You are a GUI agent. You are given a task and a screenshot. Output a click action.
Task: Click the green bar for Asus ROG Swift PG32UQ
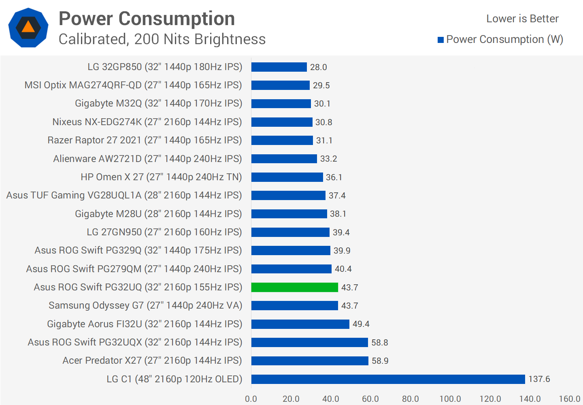(x=294, y=287)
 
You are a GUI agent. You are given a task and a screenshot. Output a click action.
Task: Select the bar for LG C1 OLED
(x=388, y=379)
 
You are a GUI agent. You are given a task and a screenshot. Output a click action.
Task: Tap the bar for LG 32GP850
(x=279, y=67)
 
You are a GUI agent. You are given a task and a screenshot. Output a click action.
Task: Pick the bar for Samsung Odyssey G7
(x=294, y=305)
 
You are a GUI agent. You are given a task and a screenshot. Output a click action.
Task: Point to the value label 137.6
(x=539, y=379)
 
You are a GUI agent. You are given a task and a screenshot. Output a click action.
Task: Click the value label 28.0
(x=319, y=67)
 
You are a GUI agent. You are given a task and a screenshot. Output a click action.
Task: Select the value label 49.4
(x=361, y=324)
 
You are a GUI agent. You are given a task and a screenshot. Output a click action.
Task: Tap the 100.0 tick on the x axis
(x=450, y=399)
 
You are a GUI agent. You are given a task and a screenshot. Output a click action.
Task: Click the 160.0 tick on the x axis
(x=570, y=399)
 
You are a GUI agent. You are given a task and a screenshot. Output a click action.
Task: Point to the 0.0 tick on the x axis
(x=251, y=399)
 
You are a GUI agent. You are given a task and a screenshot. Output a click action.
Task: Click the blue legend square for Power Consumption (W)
(x=441, y=40)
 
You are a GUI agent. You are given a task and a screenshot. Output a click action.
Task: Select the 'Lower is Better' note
(x=522, y=19)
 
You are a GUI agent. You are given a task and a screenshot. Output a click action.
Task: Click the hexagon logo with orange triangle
(x=28, y=28)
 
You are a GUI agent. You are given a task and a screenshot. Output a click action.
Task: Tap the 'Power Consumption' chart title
(x=147, y=19)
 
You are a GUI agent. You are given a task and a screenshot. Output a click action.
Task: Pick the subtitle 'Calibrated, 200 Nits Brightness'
(x=162, y=39)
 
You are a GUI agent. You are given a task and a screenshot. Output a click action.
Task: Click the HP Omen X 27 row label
(x=161, y=177)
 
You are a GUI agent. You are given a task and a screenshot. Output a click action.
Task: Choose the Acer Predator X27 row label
(x=152, y=360)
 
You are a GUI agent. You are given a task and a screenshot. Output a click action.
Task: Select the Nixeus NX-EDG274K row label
(x=147, y=122)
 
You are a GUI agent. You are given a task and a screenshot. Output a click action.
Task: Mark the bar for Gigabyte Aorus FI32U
(x=300, y=324)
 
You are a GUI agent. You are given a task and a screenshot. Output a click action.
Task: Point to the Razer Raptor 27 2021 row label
(x=145, y=140)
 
